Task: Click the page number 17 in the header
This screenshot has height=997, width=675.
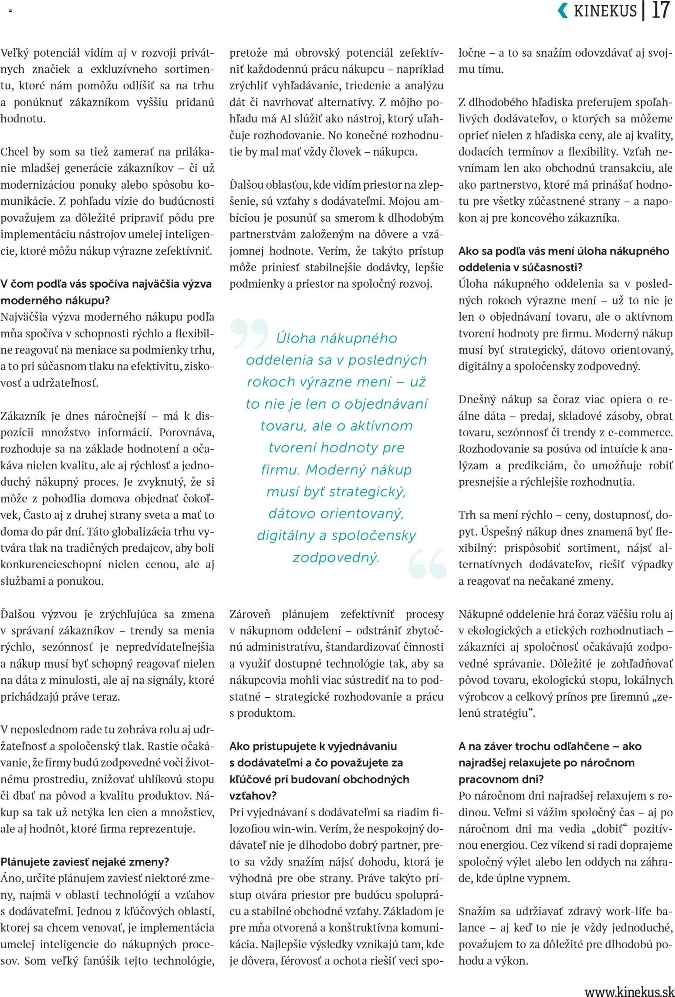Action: click(x=660, y=10)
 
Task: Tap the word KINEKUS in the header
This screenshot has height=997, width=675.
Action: click(x=605, y=11)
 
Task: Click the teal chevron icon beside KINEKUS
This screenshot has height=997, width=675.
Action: click(x=563, y=10)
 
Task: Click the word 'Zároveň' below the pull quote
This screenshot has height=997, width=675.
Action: click(x=250, y=614)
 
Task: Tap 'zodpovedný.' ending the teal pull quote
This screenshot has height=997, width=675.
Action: click(x=336, y=557)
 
